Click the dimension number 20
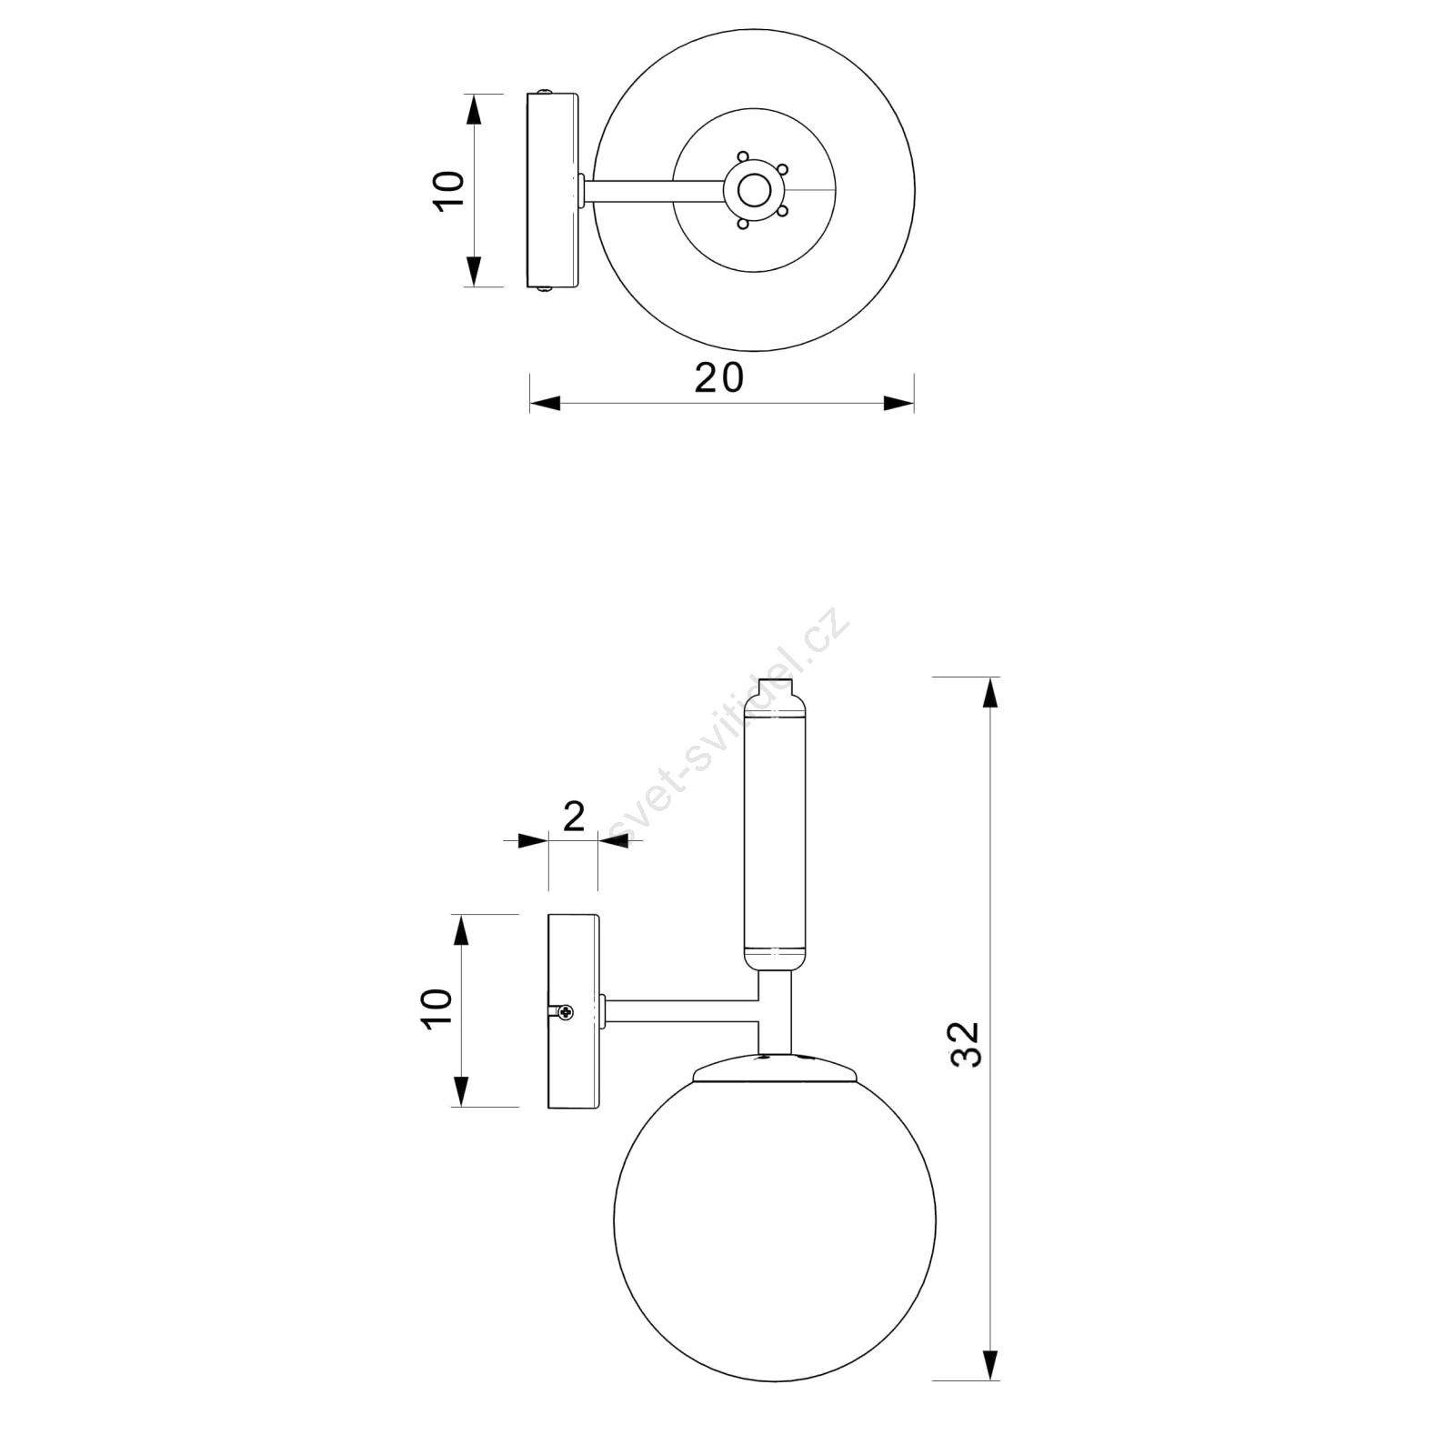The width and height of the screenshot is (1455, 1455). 719,377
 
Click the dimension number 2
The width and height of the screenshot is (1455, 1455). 574,817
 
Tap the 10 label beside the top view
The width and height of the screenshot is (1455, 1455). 449,191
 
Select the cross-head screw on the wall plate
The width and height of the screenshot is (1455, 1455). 567,1011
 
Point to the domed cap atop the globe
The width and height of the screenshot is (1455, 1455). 775,1068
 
